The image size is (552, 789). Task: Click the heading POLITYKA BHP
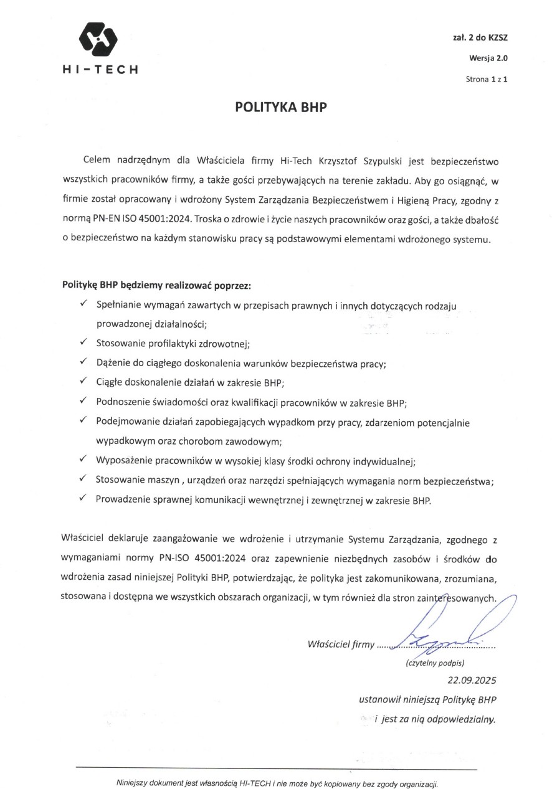click(280, 106)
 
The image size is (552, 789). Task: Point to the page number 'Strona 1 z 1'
click(487, 80)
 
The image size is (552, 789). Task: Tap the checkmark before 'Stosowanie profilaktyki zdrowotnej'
click(83, 342)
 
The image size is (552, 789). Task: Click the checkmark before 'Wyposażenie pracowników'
click(83, 460)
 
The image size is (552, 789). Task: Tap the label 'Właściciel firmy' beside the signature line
click(341, 645)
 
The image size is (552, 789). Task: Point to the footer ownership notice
click(277, 783)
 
